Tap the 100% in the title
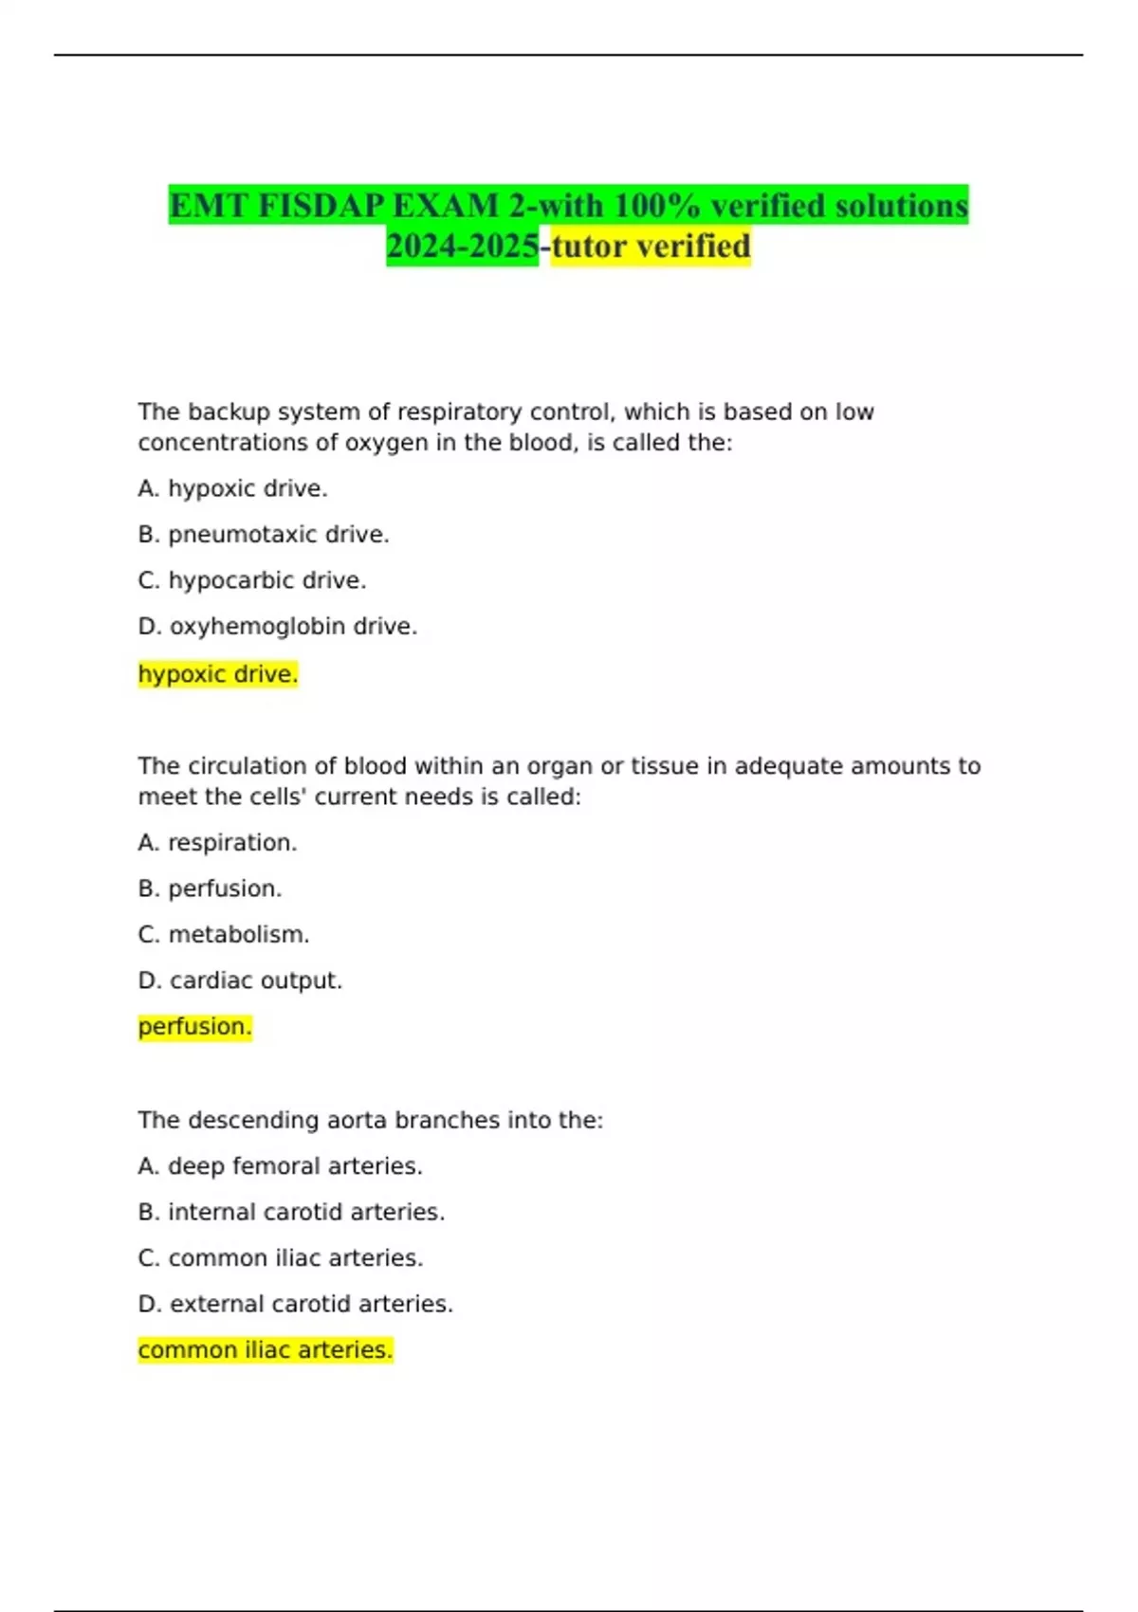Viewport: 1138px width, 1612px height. pos(654,206)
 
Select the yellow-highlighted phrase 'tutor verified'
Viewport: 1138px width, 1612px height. pos(651,247)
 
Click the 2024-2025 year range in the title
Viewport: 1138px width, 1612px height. pos(462,247)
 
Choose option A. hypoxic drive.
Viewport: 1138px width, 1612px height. pos(232,488)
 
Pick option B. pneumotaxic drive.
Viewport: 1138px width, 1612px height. pos(264,535)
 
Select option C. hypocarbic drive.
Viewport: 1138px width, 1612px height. pos(252,580)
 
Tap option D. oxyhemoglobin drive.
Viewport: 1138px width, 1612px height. pos(278,627)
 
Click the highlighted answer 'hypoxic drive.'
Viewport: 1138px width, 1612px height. pos(218,674)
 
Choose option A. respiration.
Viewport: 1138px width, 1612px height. pos(217,843)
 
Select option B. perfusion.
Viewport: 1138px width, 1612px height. pos(210,888)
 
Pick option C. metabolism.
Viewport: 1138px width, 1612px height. pos(224,935)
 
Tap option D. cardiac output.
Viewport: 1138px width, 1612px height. pos(240,980)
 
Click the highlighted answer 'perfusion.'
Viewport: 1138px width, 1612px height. pos(195,1027)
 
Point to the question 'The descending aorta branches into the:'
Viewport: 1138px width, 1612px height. pos(371,1120)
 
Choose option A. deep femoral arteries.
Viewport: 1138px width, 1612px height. pos(280,1166)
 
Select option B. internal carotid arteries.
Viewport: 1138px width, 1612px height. pos(291,1212)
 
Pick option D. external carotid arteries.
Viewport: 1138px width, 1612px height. pos(296,1304)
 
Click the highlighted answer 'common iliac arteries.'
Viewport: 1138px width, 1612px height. pos(266,1350)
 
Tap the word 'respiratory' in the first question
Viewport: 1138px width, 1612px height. pos(459,412)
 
